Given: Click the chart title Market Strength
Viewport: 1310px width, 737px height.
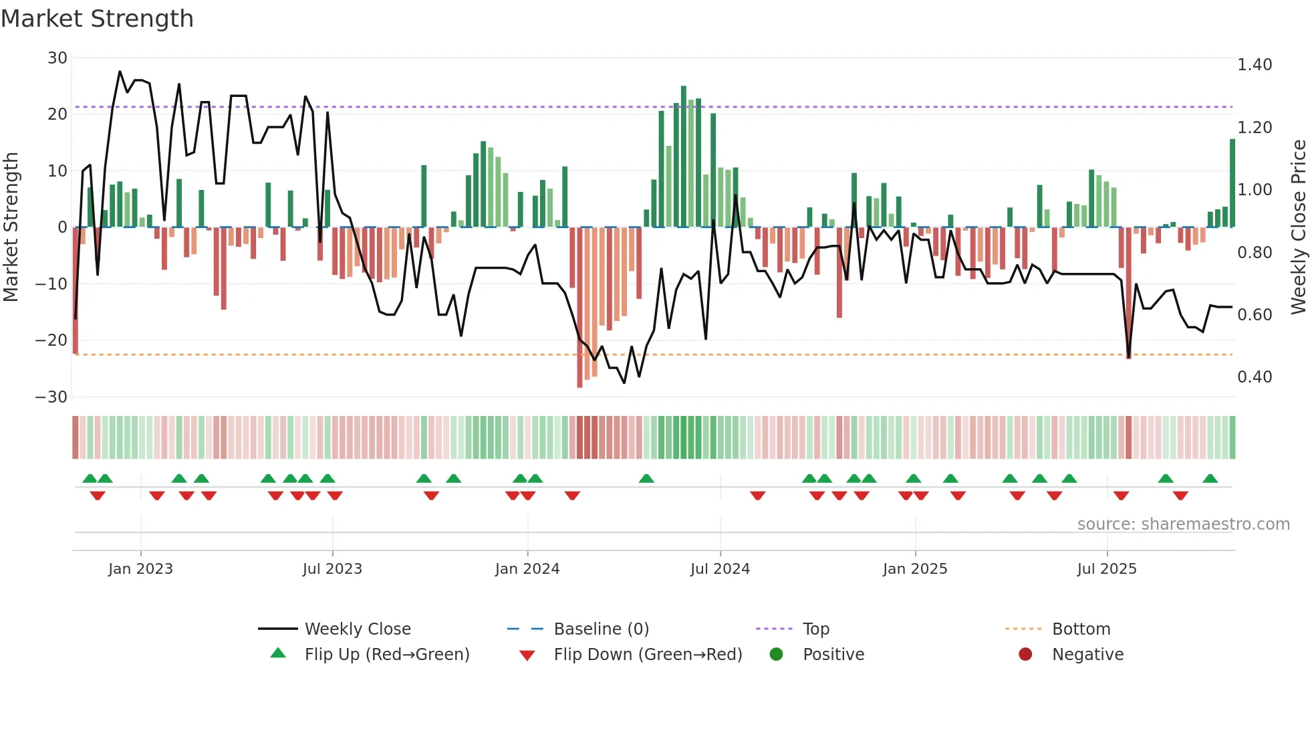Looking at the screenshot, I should pyautogui.click(x=97, y=19).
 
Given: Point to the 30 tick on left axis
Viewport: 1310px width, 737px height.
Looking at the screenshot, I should pyautogui.click(x=57, y=58).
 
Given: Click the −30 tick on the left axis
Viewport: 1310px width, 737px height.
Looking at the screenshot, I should pyautogui.click(x=51, y=397).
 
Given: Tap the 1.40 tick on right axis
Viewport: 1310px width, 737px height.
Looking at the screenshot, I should pyautogui.click(x=1255, y=65).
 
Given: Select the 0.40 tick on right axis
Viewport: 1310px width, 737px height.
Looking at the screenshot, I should pyautogui.click(x=1255, y=377).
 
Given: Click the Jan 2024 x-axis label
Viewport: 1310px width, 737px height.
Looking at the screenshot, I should pyautogui.click(x=527, y=569).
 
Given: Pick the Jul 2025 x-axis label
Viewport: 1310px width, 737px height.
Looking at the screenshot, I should pyautogui.click(x=1107, y=569).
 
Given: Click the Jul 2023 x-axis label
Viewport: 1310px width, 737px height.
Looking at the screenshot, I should pyautogui.click(x=332, y=569).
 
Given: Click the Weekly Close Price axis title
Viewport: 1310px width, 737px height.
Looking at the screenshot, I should pyautogui.click(x=1298, y=227).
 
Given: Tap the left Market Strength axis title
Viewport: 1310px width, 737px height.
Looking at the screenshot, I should pyautogui.click(x=11, y=227).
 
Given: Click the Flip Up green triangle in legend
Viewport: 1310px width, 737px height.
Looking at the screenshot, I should pyautogui.click(x=278, y=653).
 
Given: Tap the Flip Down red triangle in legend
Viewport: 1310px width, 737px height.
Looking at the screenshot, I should pyautogui.click(x=527, y=655).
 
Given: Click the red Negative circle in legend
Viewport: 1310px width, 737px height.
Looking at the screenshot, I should pyautogui.click(x=1025, y=655).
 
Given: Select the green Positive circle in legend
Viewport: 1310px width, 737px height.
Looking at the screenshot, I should pyautogui.click(x=776, y=655).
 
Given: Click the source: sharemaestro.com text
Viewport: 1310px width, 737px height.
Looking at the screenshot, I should pyautogui.click(x=1183, y=524).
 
